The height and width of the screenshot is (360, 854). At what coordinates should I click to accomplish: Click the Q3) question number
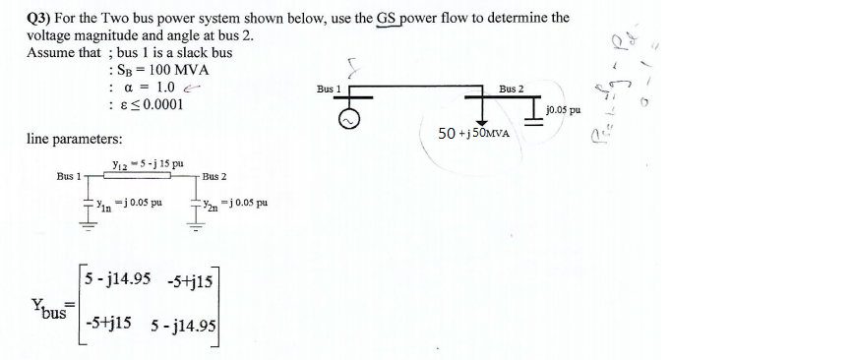tap(39, 17)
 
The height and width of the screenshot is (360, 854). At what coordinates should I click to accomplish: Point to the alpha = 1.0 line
tap(149, 87)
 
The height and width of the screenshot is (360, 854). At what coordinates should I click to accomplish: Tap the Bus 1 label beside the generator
tap(329, 89)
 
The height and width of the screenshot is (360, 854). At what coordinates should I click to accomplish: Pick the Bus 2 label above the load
tap(511, 89)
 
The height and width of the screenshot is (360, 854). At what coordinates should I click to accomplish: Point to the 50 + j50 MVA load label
tap(473, 134)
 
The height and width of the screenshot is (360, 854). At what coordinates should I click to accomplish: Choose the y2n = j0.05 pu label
tap(235, 205)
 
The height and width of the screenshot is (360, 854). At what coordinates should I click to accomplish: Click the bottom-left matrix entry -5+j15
tap(110, 322)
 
